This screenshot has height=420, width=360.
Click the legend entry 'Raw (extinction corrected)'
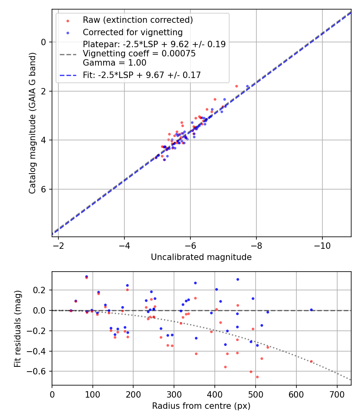[138, 20]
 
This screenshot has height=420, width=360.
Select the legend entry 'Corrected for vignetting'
[132, 32]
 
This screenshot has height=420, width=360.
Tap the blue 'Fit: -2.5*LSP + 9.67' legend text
[142, 75]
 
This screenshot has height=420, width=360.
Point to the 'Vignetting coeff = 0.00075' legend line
[139, 54]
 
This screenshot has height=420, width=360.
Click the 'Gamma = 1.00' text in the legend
[114, 63]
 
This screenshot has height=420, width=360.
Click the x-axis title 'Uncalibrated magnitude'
[201, 257]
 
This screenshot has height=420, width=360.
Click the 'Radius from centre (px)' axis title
[201, 406]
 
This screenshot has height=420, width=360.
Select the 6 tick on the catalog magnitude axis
[44, 189]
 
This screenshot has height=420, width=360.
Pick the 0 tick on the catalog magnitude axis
[44, 42]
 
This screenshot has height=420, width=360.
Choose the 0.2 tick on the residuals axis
[42, 290]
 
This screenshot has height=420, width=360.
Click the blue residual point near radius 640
[311, 310]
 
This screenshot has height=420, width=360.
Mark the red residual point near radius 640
[311, 361]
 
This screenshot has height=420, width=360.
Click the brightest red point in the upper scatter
[236, 86]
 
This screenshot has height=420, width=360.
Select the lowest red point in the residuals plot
[257, 377]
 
